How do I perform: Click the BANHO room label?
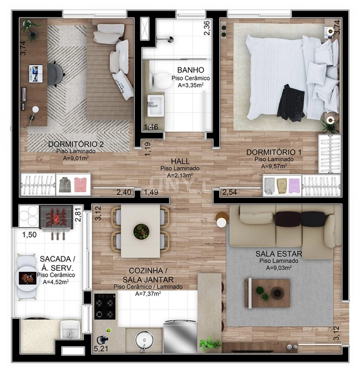click(x=187, y=69)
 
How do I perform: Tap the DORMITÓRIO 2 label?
click(x=76, y=144)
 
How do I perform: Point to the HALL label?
click(x=179, y=161)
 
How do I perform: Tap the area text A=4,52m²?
click(x=56, y=282)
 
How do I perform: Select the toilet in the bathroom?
click(x=161, y=79)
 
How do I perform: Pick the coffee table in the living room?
click(x=267, y=292)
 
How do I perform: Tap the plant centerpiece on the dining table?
click(x=141, y=231)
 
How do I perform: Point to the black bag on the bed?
click(x=291, y=101)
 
